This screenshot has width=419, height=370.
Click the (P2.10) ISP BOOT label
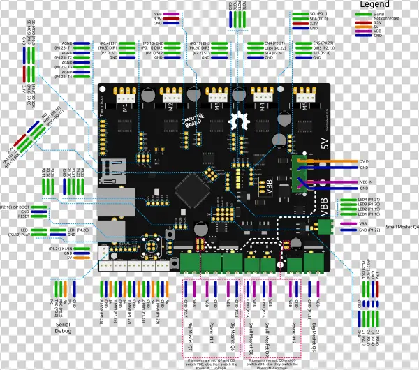tap(15, 207)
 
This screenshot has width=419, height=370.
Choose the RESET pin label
tap(20, 216)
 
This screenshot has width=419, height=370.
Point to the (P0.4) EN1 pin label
tap(109, 43)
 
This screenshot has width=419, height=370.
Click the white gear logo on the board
tap(240, 119)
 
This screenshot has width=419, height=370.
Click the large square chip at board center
tap(190, 188)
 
